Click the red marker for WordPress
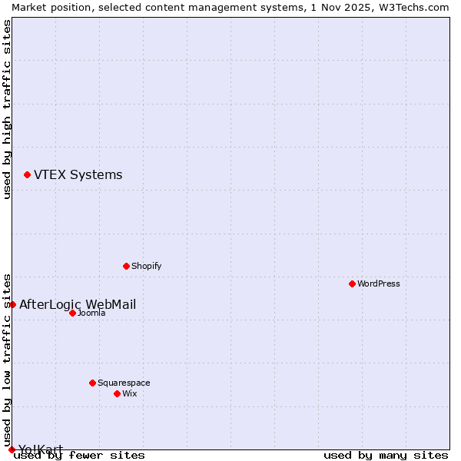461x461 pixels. tap(352, 284)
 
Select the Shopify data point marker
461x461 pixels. tap(126, 266)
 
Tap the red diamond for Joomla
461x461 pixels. tap(72, 313)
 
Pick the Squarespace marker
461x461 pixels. tap(92, 383)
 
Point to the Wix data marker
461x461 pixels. tap(117, 393)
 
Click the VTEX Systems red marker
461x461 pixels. tap(27, 175)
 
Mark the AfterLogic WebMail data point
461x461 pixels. tap(12, 304)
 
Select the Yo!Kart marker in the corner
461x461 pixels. tap(12, 449)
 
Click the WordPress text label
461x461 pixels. tap(379, 284)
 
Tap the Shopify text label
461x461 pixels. tap(147, 266)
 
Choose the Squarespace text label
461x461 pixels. tap(124, 383)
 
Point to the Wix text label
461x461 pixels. tap(130, 393)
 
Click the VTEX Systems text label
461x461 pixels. tap(78, 175)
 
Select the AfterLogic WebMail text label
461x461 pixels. tap(78, 304)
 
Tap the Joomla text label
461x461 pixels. tap(91, 313)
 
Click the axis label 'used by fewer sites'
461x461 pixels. tap(80, 455)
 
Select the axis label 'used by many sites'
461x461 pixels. tap(386, 455)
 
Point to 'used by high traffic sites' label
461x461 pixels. tap(8, 109)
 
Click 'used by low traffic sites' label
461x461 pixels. tap(8, 360)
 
